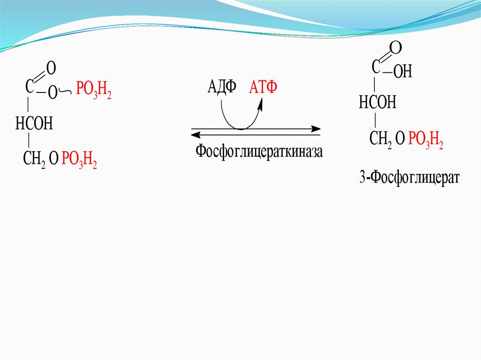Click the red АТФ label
coord(263,87)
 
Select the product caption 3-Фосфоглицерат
coord(409,177)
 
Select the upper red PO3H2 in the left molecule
coord(93,89)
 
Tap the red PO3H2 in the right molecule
coord(426,139)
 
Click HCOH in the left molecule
coord(34,123)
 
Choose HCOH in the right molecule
coord(378,102)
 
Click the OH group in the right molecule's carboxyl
coord(403,71)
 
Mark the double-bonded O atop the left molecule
coord(51,68)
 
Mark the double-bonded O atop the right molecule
coord(396,47)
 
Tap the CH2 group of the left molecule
coord(34,160)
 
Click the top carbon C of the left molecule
coord(30,86)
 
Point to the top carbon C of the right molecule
coord(375,67)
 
